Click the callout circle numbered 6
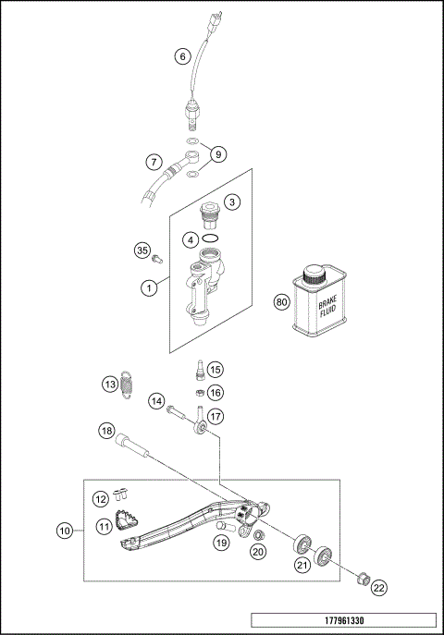[x=183, y=56]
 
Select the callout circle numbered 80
[x=280, y=301]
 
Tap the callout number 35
[x=142, y=250]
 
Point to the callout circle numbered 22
[x=380, y=587]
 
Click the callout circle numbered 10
[x=64, y=531]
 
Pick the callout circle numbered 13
[x=108, y=384]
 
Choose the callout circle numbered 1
[x=147, y=288]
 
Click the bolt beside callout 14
[x=178, y=407]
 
